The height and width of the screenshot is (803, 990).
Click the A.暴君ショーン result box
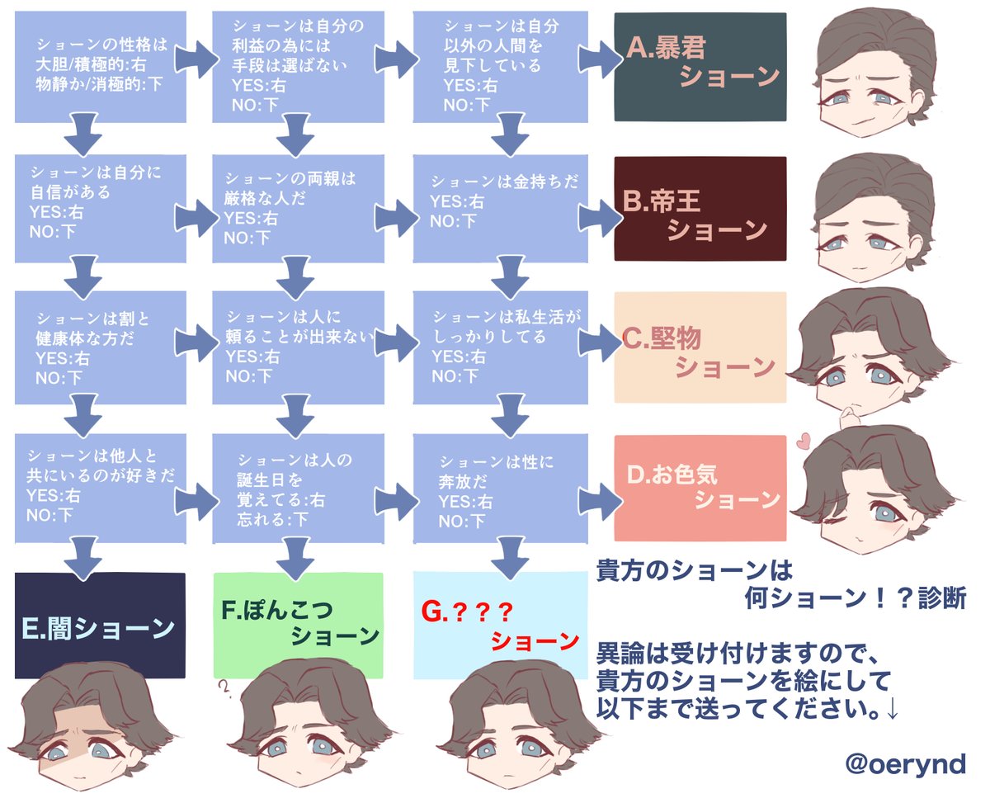point(700,67)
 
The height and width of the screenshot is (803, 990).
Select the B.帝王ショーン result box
point(700,208)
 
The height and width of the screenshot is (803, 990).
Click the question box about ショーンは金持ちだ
point(500,202)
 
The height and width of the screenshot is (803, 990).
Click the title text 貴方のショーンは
point(694,569)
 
